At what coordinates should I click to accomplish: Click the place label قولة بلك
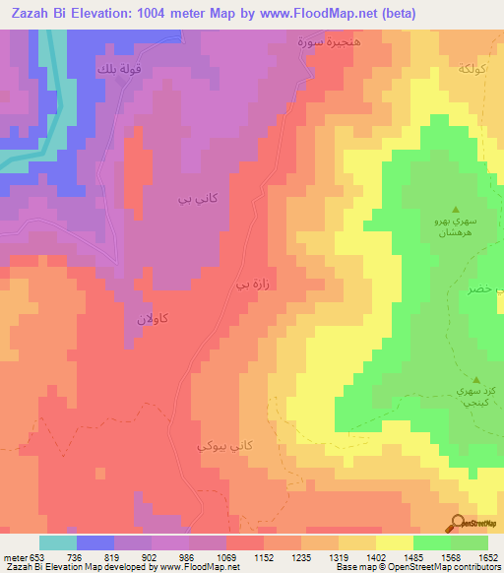[x=118, y=70]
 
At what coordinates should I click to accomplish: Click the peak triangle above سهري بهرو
[x=455, y=209]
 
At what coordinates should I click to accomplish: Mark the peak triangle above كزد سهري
[x=476, y=380]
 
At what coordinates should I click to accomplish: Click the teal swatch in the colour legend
[x=58, y=543]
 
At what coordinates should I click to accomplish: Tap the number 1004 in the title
[x=149, y=14]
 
